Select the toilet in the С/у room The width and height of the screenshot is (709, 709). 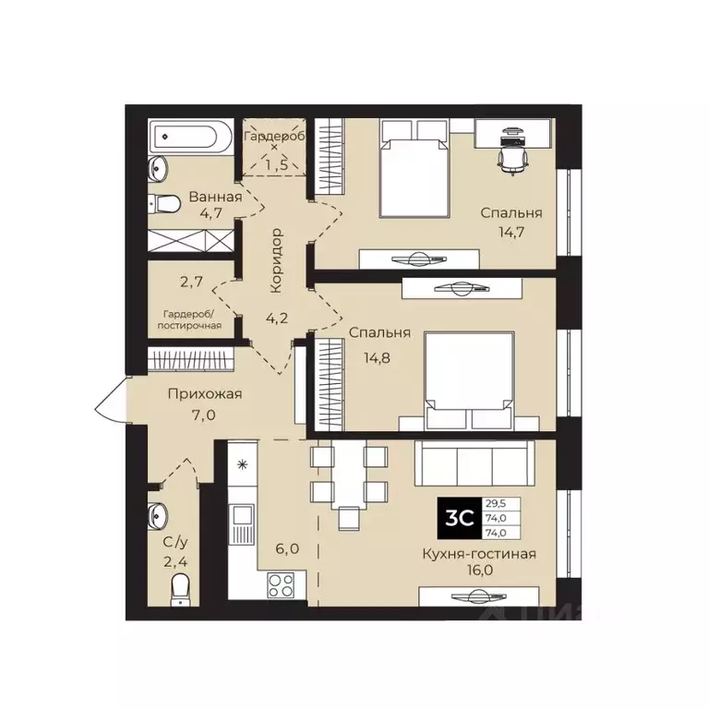click(x=181, y=585)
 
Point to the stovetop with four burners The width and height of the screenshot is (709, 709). click(x=281, y=583)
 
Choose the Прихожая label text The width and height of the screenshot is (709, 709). click(x=204, y=395)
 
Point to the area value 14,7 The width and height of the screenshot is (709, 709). click(x=511, y=232)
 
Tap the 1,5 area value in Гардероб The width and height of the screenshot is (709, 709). click(x=275, y=164)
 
